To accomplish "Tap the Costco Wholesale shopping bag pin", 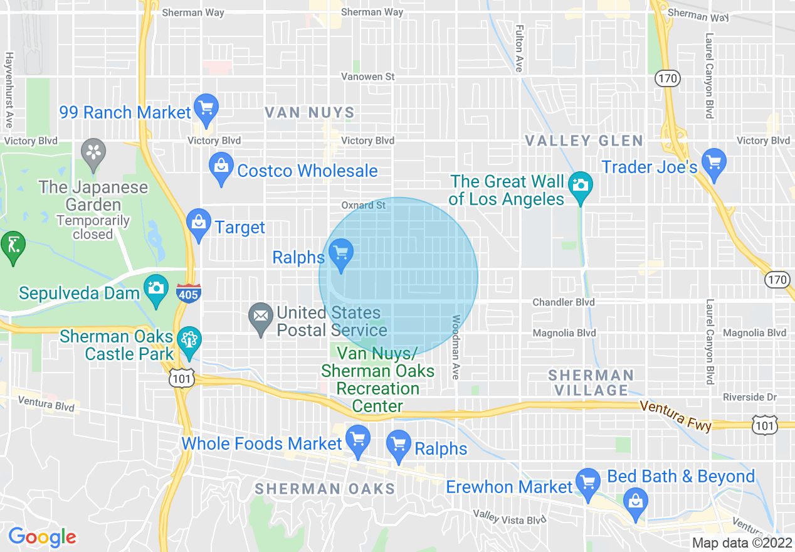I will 220,166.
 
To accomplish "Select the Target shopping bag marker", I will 199,223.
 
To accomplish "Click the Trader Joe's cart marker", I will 713,162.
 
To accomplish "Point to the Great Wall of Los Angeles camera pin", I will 581,185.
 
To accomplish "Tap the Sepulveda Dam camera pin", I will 156,289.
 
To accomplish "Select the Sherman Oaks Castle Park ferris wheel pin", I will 189,341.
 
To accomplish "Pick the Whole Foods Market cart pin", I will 358,439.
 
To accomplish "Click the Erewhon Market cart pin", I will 587,483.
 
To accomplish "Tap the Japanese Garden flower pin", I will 93,152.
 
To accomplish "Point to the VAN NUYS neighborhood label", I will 310,113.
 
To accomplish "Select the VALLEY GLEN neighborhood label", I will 584,141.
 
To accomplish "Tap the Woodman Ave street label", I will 456,347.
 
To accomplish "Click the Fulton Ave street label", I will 519,48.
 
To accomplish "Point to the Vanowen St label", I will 367,77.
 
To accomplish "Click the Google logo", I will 42,537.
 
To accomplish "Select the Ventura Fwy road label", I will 675,415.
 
